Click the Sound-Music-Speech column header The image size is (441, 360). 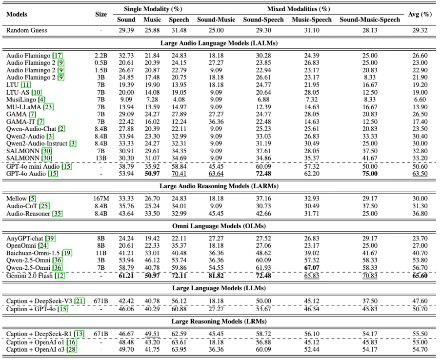[x=370, y=20]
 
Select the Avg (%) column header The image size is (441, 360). [x=420, y=14]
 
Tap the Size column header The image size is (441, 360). [x=101, y=14]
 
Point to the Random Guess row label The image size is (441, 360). [x=27, y=30]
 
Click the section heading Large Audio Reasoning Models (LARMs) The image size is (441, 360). [x=220, y=186]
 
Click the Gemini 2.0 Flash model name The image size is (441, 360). [x=29, y=276]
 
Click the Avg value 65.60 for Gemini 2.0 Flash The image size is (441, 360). [x=420, y=276]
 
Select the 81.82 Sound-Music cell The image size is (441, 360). [x=216, y=276]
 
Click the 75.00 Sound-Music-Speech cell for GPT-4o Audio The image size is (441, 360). [x=370, y=174]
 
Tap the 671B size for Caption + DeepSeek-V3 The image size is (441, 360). [x=101, y=301]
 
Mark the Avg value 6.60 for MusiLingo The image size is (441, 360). [x=420, y=100]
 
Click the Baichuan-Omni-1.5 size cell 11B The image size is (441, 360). [x=101, y=253]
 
